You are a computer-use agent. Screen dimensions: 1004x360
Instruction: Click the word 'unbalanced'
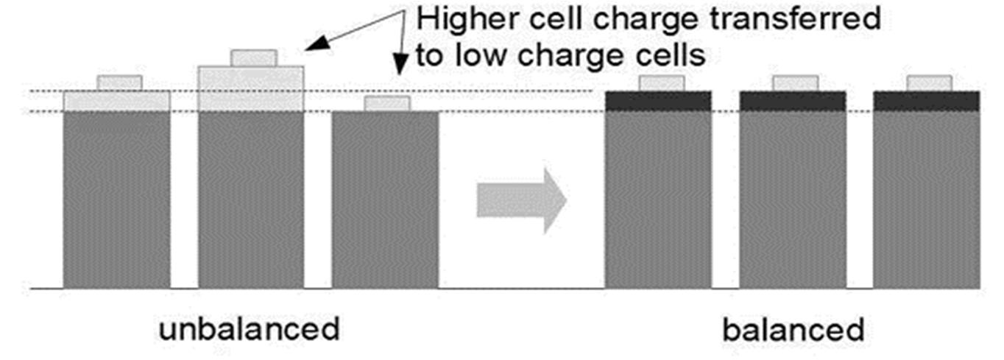(x=250, y=329)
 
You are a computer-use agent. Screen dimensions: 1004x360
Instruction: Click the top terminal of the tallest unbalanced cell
(x=253, y=57)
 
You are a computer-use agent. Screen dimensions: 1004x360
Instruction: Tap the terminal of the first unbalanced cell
(x=119, y=82)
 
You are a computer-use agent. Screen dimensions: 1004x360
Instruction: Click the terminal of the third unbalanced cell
(x=387, y=103)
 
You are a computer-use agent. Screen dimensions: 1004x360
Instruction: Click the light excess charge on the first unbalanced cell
(x=117, y=101)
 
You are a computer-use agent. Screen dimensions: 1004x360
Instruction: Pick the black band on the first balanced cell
(x=658, y=101)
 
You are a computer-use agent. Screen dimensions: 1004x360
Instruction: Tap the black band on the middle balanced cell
(x=792, y=101)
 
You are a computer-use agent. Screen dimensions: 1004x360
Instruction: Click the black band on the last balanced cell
(x=926, y=101)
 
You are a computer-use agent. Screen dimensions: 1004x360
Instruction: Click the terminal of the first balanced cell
(x=662, y=83)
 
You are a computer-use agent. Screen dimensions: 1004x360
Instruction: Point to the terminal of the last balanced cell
(x=929, y=83)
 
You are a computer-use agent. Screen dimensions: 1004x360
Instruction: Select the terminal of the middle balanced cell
(x=795, y=83)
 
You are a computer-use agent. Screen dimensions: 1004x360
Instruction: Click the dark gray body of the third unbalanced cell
(x=386, y=199)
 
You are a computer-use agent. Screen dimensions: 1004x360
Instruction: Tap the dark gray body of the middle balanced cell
(x=792, y=199)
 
